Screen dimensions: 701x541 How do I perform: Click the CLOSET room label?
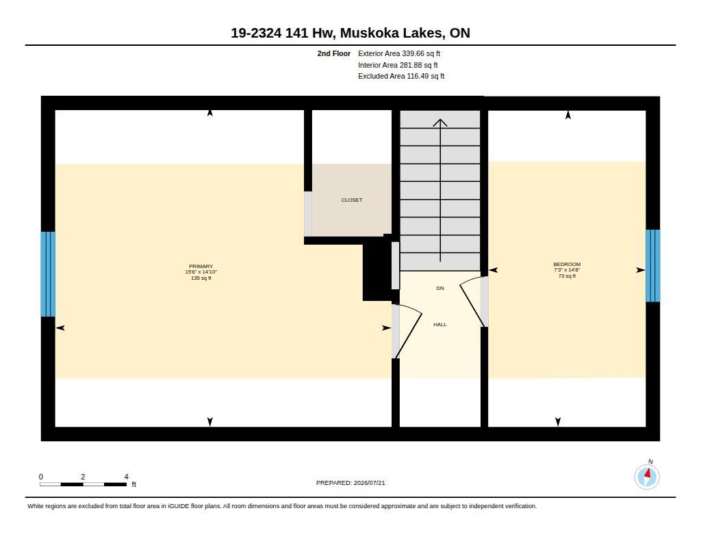point(352,200)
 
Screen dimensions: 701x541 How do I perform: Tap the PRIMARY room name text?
point(201,266)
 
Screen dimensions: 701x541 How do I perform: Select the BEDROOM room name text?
point(567,264)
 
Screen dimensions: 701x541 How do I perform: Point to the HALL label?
point(440,325)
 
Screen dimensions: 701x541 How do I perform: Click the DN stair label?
point(440,289)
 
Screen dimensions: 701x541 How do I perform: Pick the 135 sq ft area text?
point(201,278)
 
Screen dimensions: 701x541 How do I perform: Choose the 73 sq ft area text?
point(567,276)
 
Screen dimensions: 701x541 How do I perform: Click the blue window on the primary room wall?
point(48,274)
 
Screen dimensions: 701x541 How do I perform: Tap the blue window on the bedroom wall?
point(652,266)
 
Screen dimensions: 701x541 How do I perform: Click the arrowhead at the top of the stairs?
point(440,122)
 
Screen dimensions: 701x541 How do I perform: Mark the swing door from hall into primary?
point(406,330)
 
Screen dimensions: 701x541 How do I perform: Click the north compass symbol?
point(647,476)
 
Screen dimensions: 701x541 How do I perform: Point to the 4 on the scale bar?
point(126,477)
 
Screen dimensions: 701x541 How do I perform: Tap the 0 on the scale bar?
point(41,477)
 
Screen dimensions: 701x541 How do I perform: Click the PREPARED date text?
point(350,483)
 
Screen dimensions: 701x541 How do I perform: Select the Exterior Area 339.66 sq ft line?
point(399,53)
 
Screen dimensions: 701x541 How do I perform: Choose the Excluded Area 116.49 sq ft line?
point(401,77)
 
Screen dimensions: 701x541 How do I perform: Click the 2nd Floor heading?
point(334,53)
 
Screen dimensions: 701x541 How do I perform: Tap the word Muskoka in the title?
point(369,33)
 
